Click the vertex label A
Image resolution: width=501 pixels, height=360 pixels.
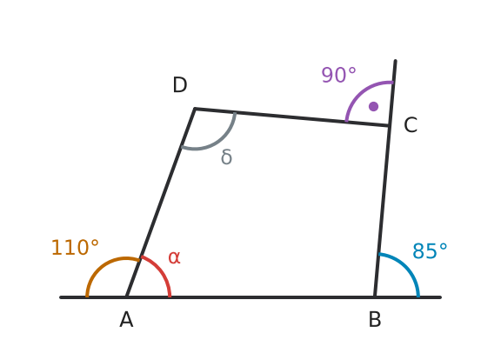(126, 319)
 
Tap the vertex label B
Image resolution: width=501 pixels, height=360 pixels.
(375, 319)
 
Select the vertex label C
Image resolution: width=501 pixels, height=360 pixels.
(411, 125)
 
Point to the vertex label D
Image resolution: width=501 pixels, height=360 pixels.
(179, 85)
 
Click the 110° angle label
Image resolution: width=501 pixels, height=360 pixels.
(75, 248)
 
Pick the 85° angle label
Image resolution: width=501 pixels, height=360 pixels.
(430, 251)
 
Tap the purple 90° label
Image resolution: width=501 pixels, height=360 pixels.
(338, 76)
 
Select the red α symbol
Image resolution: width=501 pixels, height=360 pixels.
(174, 257)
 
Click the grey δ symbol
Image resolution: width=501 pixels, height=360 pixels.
(226, 157)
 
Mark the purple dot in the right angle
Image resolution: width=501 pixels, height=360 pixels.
(373, 106)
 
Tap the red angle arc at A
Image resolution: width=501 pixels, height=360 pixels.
(160, 270)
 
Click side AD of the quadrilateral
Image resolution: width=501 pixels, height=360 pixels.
(160, 203)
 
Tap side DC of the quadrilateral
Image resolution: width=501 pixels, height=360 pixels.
(291, 117)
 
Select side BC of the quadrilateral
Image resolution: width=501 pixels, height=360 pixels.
(382, 211)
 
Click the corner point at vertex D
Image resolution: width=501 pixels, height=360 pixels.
(195, 109)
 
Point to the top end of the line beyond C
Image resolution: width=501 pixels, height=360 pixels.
(396, 60)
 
